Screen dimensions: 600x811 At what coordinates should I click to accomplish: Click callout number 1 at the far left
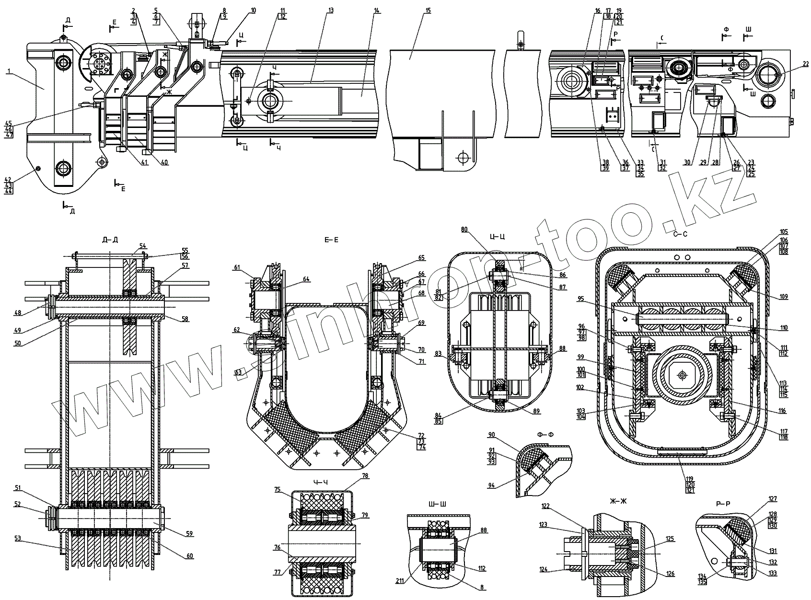click(8, 71)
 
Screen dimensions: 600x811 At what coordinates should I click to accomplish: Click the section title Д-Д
click(110, 240)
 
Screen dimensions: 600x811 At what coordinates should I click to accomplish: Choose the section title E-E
click(332, 240)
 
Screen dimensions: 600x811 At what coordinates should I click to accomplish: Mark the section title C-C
click(681, 234)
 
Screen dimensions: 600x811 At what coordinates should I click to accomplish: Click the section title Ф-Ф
click(542, 435)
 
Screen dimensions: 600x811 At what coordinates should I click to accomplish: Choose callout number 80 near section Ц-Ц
click(464, 229)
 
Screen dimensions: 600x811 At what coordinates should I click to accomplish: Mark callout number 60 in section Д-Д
click(190, 556)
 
